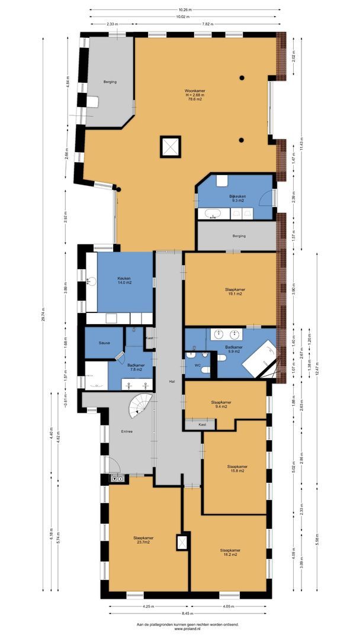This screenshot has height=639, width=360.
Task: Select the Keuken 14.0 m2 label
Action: (x=124, y=280)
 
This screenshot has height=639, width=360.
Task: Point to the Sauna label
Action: (x=96, y=343)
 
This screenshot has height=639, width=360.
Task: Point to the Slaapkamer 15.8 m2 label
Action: (x=237, y=469)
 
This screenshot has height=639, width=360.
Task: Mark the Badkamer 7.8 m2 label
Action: (x=136, y=367)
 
